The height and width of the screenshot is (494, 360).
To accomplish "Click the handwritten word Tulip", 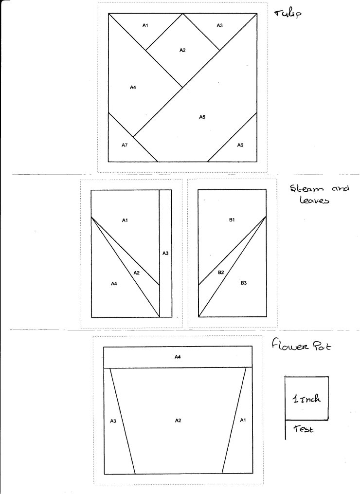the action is point(288,14).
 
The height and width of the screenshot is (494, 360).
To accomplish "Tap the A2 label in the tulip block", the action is point(183,50).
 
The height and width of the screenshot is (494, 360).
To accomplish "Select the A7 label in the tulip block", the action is point(125,145).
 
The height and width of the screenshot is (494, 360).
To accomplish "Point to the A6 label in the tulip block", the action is point(240,145).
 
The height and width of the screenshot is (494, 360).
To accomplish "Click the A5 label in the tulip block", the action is point(202,117).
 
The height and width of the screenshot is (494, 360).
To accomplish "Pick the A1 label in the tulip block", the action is point(145,25).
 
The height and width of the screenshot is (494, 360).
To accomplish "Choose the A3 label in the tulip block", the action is point(219,25).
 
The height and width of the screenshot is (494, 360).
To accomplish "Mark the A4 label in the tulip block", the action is point(133,87).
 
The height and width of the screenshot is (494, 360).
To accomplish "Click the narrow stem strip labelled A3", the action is point(166,253).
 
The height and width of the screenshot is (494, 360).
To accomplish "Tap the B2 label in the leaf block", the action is point(221,272).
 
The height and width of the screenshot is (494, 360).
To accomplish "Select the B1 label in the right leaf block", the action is point(232,220).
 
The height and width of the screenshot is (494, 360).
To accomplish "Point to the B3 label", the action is point(244,283).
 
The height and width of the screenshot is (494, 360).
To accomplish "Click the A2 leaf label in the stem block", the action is point(136,273).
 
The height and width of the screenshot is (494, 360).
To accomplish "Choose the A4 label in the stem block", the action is point(114,284).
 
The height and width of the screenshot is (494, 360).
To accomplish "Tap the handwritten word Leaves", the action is point(314,200).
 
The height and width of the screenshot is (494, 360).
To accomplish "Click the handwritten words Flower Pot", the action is point(302,345).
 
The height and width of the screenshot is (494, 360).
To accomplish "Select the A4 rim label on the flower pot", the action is point(178,357).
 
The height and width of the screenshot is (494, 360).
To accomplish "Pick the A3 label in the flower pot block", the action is point(113,421).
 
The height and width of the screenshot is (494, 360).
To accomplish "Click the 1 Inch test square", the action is point(307,398).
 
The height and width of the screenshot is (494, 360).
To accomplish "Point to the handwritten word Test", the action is point(304,429).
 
